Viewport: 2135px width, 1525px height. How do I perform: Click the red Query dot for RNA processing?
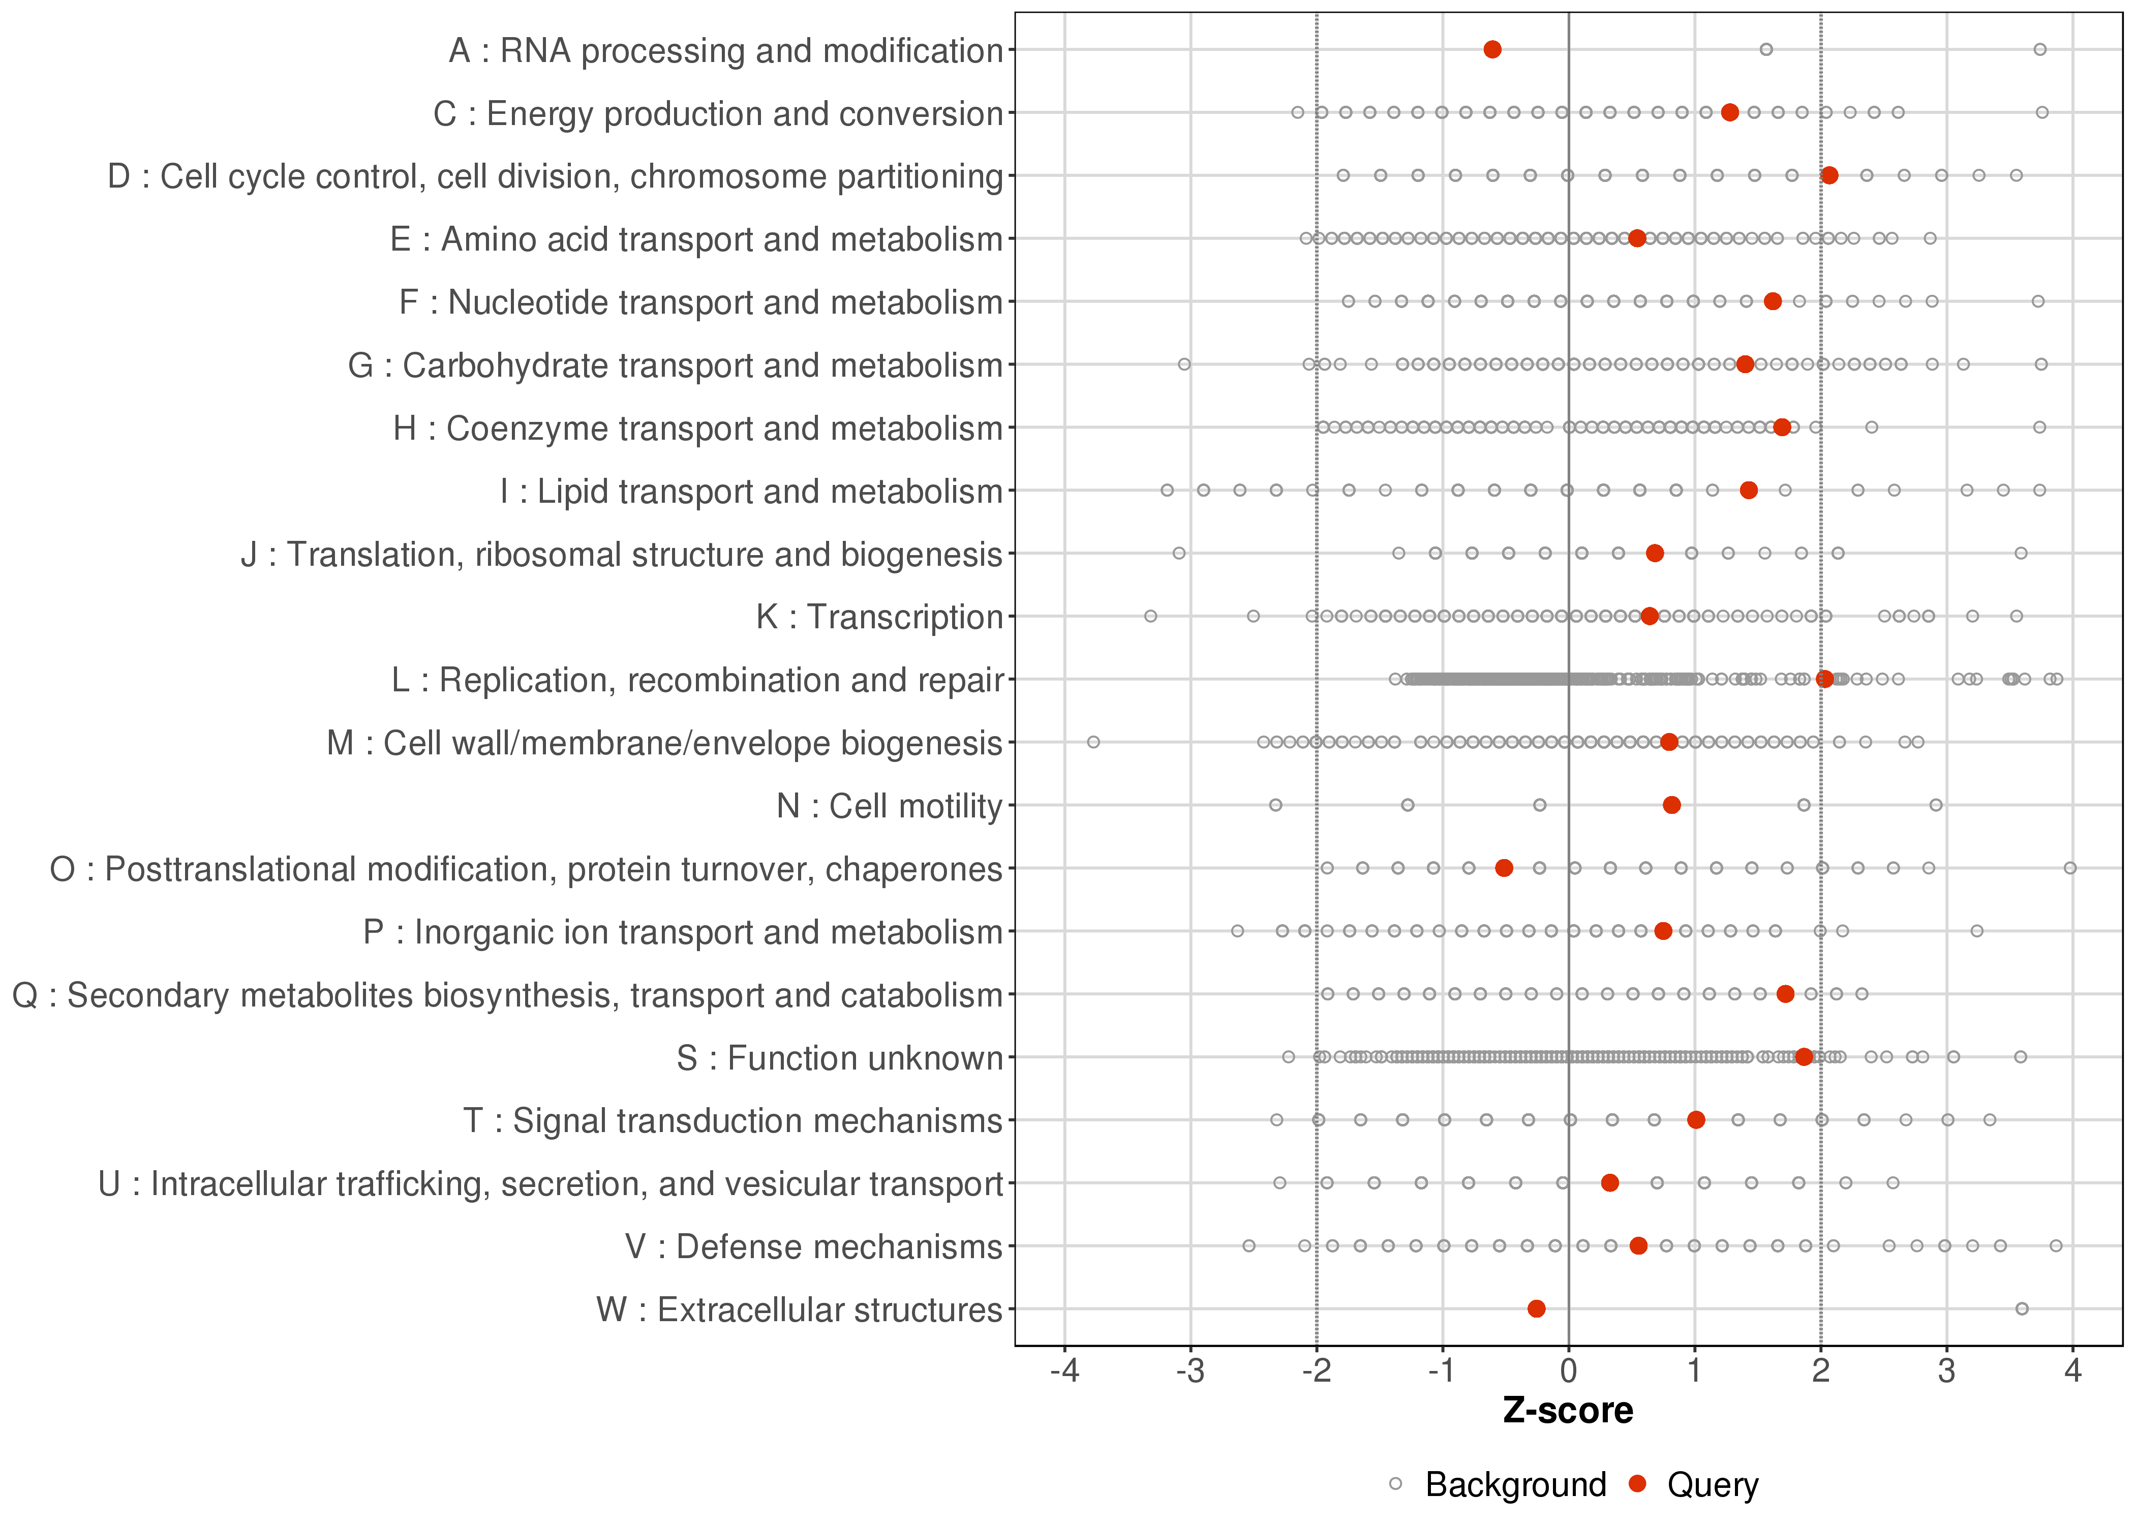click(x=1492, y=50)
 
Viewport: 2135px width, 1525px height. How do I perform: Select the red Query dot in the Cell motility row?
click(x=1671, y=805)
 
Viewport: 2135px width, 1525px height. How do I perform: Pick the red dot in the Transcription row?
click(x=1649, y=616)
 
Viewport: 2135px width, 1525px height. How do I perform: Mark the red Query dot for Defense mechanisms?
click(x=1638, y=1246)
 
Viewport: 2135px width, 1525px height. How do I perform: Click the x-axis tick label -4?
click(x=1064, y=1372)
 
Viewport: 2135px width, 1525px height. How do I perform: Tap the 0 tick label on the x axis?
click(x=1568, y=1372)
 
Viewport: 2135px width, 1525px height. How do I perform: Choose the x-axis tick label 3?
click(x=1946, y=1372)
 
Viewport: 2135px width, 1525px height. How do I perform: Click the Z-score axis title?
click(x=1568, y=1411)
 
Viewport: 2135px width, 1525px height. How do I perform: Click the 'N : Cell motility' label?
click(x=889, y=806)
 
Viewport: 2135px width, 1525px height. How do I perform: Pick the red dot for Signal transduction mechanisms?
click(x=1696, y=1119)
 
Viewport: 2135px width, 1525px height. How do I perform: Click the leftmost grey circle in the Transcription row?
click(x=1150, y=616)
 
